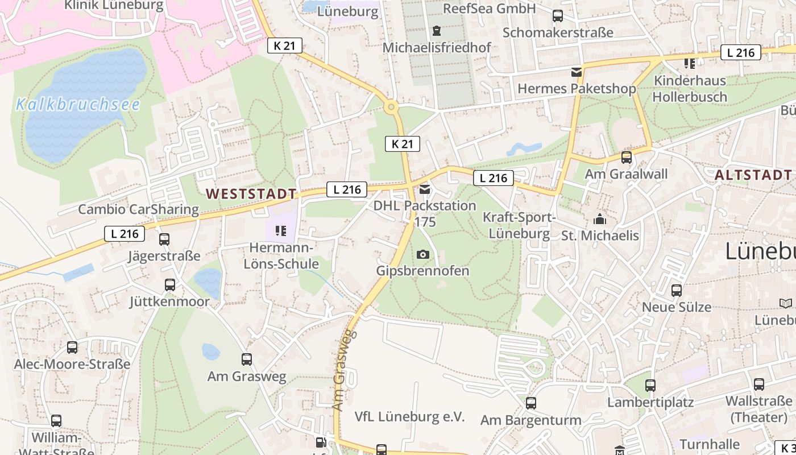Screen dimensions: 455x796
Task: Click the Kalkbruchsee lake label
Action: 78,105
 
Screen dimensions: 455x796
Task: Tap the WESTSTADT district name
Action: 251,194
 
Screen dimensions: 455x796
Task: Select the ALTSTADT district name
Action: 752,175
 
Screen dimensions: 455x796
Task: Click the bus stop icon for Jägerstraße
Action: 164,239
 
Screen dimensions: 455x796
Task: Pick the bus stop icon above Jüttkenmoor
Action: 169,285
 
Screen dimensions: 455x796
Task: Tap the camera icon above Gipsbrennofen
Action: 422,254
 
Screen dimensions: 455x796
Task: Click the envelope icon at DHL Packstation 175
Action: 425,189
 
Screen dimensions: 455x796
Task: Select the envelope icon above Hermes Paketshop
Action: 577,72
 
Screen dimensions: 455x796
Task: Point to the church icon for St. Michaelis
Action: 600,219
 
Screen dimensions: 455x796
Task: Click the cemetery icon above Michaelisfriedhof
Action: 436,31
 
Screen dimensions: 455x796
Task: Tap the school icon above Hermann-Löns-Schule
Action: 281,231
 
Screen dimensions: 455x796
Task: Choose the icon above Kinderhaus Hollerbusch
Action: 690,64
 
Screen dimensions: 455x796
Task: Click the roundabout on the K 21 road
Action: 391,106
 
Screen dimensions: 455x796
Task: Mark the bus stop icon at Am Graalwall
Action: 626,158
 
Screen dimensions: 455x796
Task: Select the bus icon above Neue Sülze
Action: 677,291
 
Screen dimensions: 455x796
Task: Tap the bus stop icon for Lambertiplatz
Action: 650,386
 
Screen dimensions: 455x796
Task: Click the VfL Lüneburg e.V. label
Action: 409,417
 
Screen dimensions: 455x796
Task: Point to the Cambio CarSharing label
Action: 138,209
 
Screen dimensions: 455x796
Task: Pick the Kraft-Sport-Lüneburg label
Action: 519,225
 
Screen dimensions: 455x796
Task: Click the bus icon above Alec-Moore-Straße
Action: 72,348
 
